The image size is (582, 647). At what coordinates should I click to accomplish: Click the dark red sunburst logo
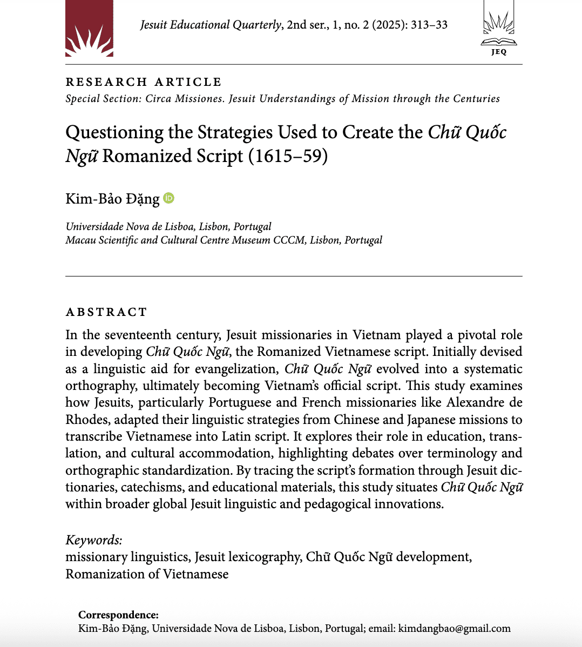(x=89, y=28)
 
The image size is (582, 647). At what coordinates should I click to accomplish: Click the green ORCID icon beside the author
(x=169, y=198)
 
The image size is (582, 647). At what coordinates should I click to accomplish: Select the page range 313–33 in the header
(x=429, y=25)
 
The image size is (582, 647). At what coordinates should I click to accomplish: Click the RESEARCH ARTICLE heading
(x=144, y=82)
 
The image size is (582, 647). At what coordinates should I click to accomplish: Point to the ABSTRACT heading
(x=106, y=312)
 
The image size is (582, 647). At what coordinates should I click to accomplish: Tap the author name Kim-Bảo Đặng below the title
(x=112, y=199)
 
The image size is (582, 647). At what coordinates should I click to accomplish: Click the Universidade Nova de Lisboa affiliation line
(x=168, y=226)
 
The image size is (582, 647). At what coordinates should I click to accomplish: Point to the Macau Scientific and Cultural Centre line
(x=224, y=240)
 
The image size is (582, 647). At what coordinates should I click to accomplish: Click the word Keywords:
(x=94, y=540)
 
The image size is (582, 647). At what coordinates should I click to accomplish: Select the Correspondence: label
(x=118, y=615)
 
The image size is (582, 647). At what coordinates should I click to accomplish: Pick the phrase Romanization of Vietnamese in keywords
(x=147, y=574)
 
